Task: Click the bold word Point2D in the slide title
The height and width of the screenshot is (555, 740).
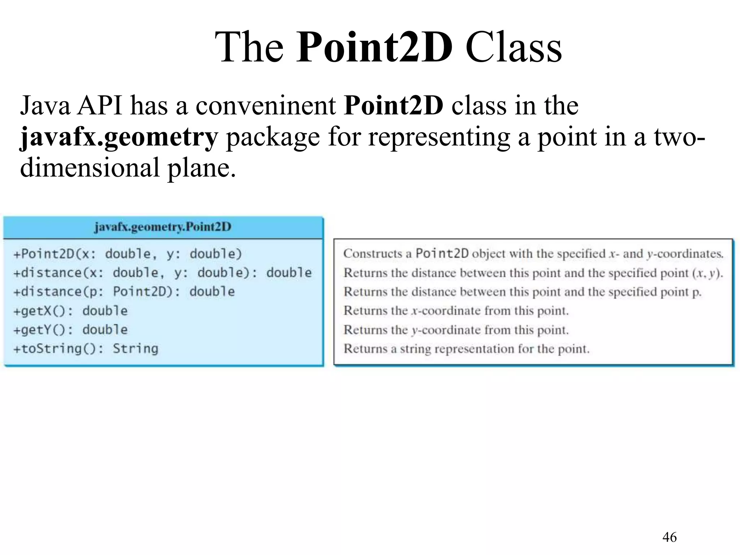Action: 374,48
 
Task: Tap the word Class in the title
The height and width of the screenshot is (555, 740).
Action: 513,48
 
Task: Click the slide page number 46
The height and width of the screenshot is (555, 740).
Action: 670,537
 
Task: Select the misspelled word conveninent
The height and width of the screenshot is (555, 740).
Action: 266,106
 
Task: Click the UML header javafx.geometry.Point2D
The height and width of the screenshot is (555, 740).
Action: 163,227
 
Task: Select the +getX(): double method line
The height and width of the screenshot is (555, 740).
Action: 70,311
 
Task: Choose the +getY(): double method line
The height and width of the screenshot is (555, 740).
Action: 70,330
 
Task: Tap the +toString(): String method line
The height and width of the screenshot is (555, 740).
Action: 86,349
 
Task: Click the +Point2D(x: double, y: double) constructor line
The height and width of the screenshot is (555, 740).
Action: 127,254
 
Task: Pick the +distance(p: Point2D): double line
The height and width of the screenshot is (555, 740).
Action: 124,292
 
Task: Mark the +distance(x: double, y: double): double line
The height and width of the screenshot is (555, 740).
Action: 162,273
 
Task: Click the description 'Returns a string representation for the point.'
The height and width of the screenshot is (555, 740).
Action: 466,349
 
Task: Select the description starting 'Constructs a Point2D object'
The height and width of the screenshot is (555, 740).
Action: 533,254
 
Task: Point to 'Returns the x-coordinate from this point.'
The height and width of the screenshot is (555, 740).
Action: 456,311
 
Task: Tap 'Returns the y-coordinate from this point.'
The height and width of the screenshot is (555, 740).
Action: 456,330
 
